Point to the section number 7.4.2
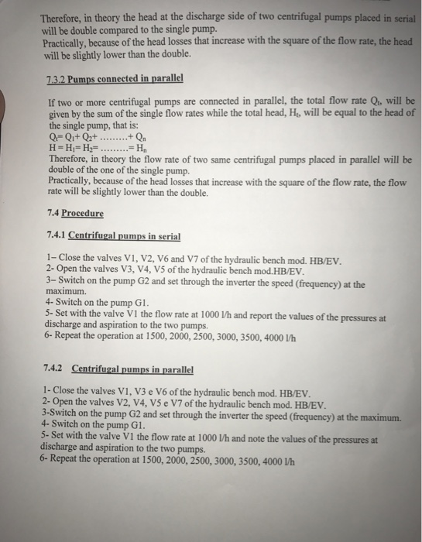pyautogui.click(x=57, y=369)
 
